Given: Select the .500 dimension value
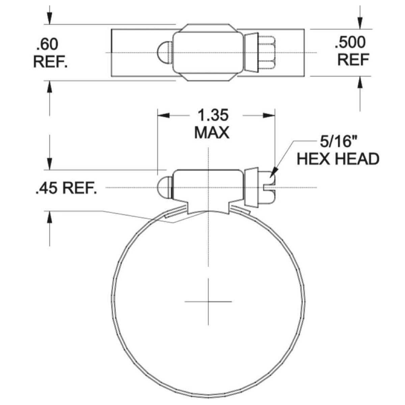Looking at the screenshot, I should pos(350,43).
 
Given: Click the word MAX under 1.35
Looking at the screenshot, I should pos(212,133).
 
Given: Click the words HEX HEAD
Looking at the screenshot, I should pos(338,159).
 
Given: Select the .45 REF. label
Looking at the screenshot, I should pos(66,189).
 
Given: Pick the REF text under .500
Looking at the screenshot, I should pos(353,60).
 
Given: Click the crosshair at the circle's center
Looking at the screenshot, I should pos(208,301).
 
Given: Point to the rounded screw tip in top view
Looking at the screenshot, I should pos(164,53).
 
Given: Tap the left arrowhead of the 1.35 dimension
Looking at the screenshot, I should pos(163,115).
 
